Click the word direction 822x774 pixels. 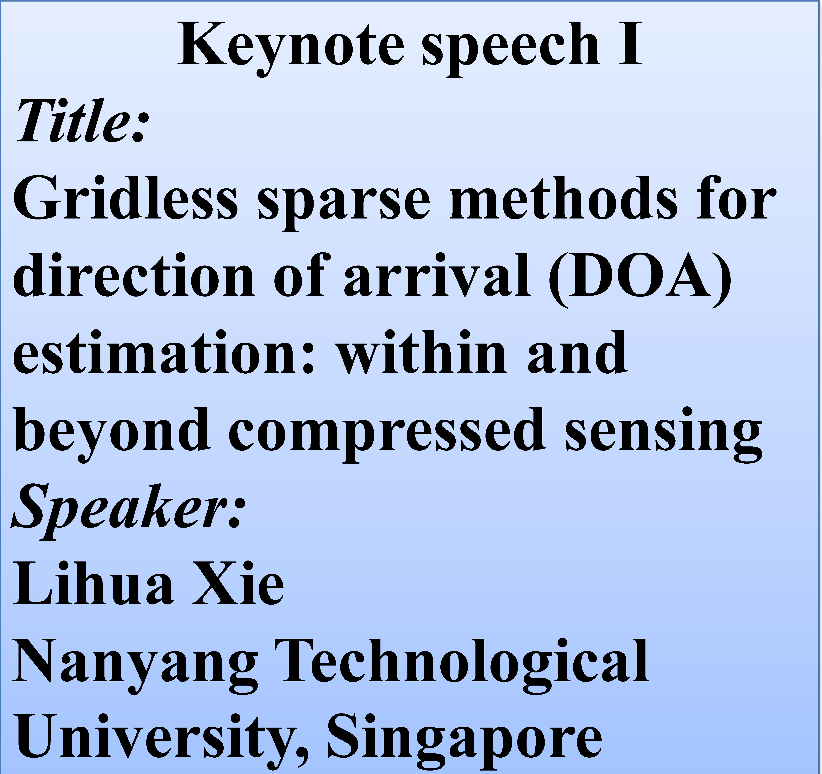pos(134,273)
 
